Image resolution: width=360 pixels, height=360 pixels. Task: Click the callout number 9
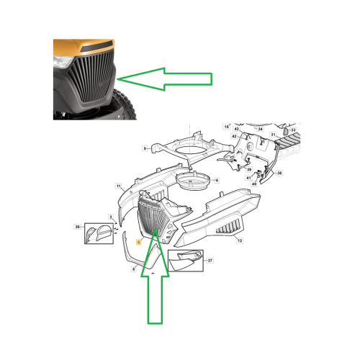tap(145, 148)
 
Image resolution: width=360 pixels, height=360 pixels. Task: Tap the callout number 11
tap(119, 186)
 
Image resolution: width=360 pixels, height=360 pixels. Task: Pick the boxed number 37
tap(210, 261)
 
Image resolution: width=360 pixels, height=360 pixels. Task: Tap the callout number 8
tap(134, 269)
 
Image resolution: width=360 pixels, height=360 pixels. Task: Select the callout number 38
tap(280, 174)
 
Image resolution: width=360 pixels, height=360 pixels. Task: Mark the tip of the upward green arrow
tap(154, 232)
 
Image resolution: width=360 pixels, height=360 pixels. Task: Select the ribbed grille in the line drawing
tap(153, 216)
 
